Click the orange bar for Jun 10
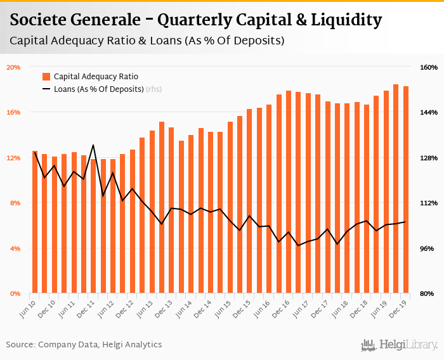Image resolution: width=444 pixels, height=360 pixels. [x=35, y=222]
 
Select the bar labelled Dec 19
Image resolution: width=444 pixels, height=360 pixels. [x=406, y=190]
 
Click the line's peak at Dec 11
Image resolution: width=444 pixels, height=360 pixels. [x=93, y=145]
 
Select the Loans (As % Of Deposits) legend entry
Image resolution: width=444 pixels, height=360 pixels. [x=98, y=89]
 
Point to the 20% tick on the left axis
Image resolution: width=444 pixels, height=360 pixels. [x=13, y=67]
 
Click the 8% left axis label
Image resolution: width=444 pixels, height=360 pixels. [x=15, y=203]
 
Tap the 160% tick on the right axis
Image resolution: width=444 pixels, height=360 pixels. [x=429, y=67]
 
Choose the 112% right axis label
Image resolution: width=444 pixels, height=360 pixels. [x=429, y=203]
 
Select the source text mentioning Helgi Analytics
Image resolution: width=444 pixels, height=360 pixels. [x=84, y=345]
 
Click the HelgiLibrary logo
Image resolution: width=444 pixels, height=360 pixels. [x=399, y=345]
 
